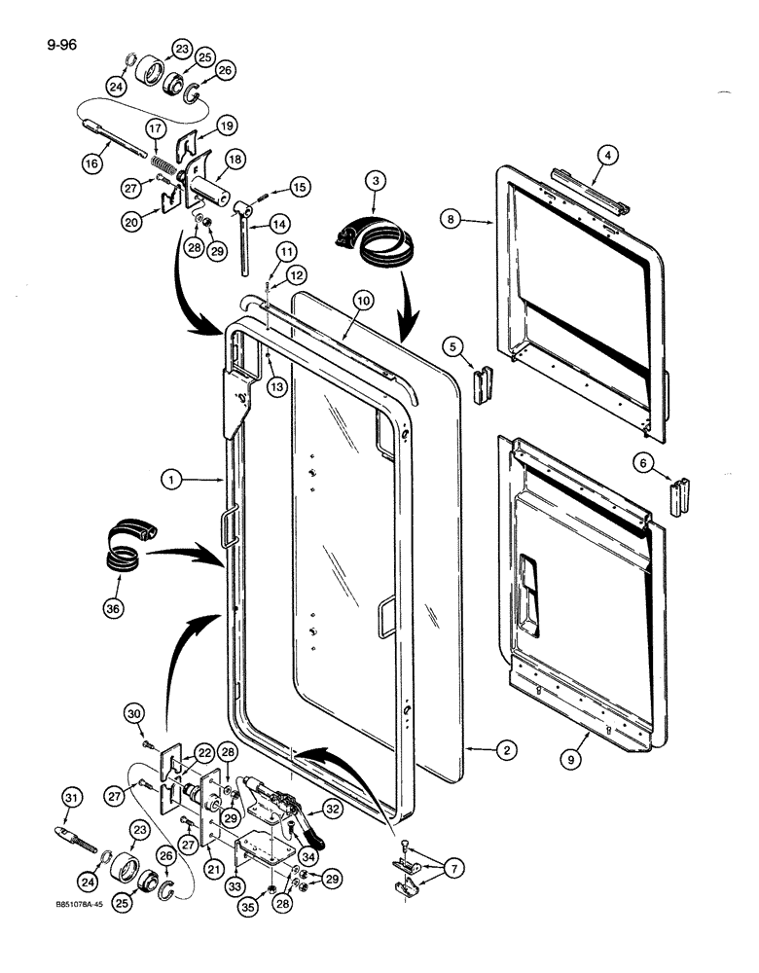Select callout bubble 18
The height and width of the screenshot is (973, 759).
[x=234, y=160]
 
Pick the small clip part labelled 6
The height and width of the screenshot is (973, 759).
[x=679, y=496]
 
